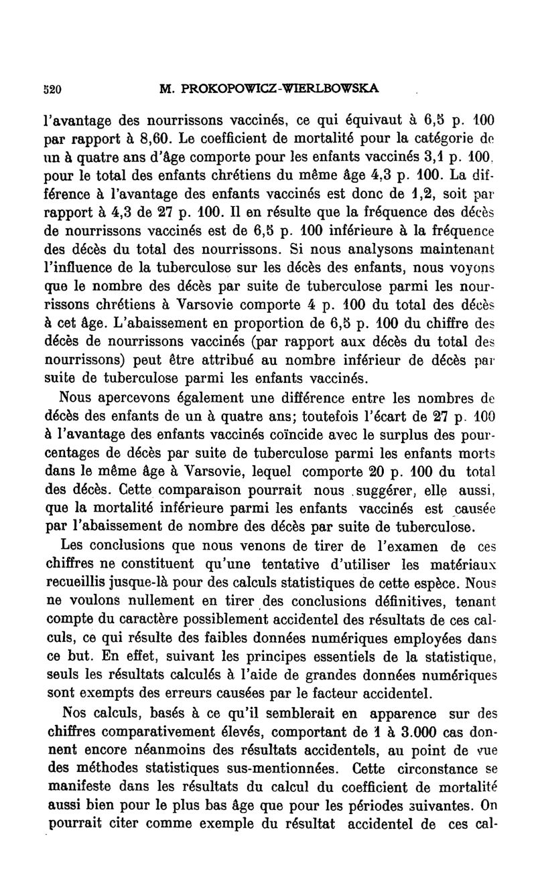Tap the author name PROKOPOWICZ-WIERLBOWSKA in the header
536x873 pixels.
point(271,88)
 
